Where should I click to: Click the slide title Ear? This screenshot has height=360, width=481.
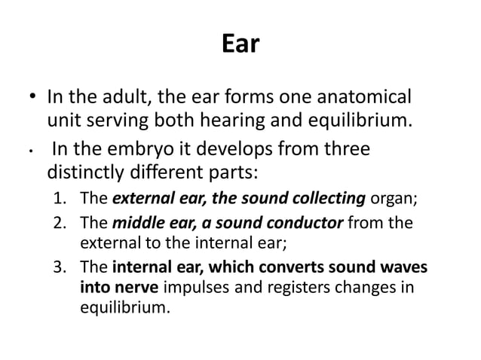240,46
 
